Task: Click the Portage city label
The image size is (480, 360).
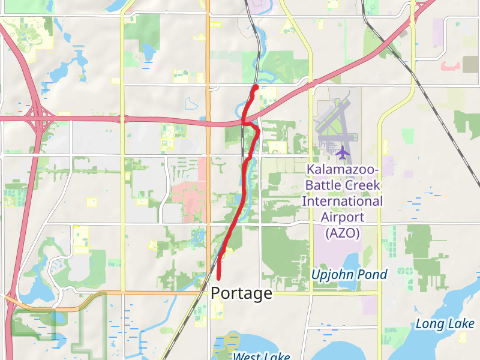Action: [242, 293]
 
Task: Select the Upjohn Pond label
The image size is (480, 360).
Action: [349, 275]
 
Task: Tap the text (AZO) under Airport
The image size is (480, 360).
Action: [342, 233]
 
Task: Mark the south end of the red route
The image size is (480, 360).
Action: [218, 278]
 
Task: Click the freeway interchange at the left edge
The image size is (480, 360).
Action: [37, 117]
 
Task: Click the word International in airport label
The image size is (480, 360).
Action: [342, 201]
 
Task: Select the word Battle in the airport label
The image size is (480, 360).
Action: [324, 185]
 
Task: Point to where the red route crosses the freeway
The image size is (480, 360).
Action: [244, 122]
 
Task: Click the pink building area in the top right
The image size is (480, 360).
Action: [452, 65]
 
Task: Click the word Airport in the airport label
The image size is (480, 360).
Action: [342, 217]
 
